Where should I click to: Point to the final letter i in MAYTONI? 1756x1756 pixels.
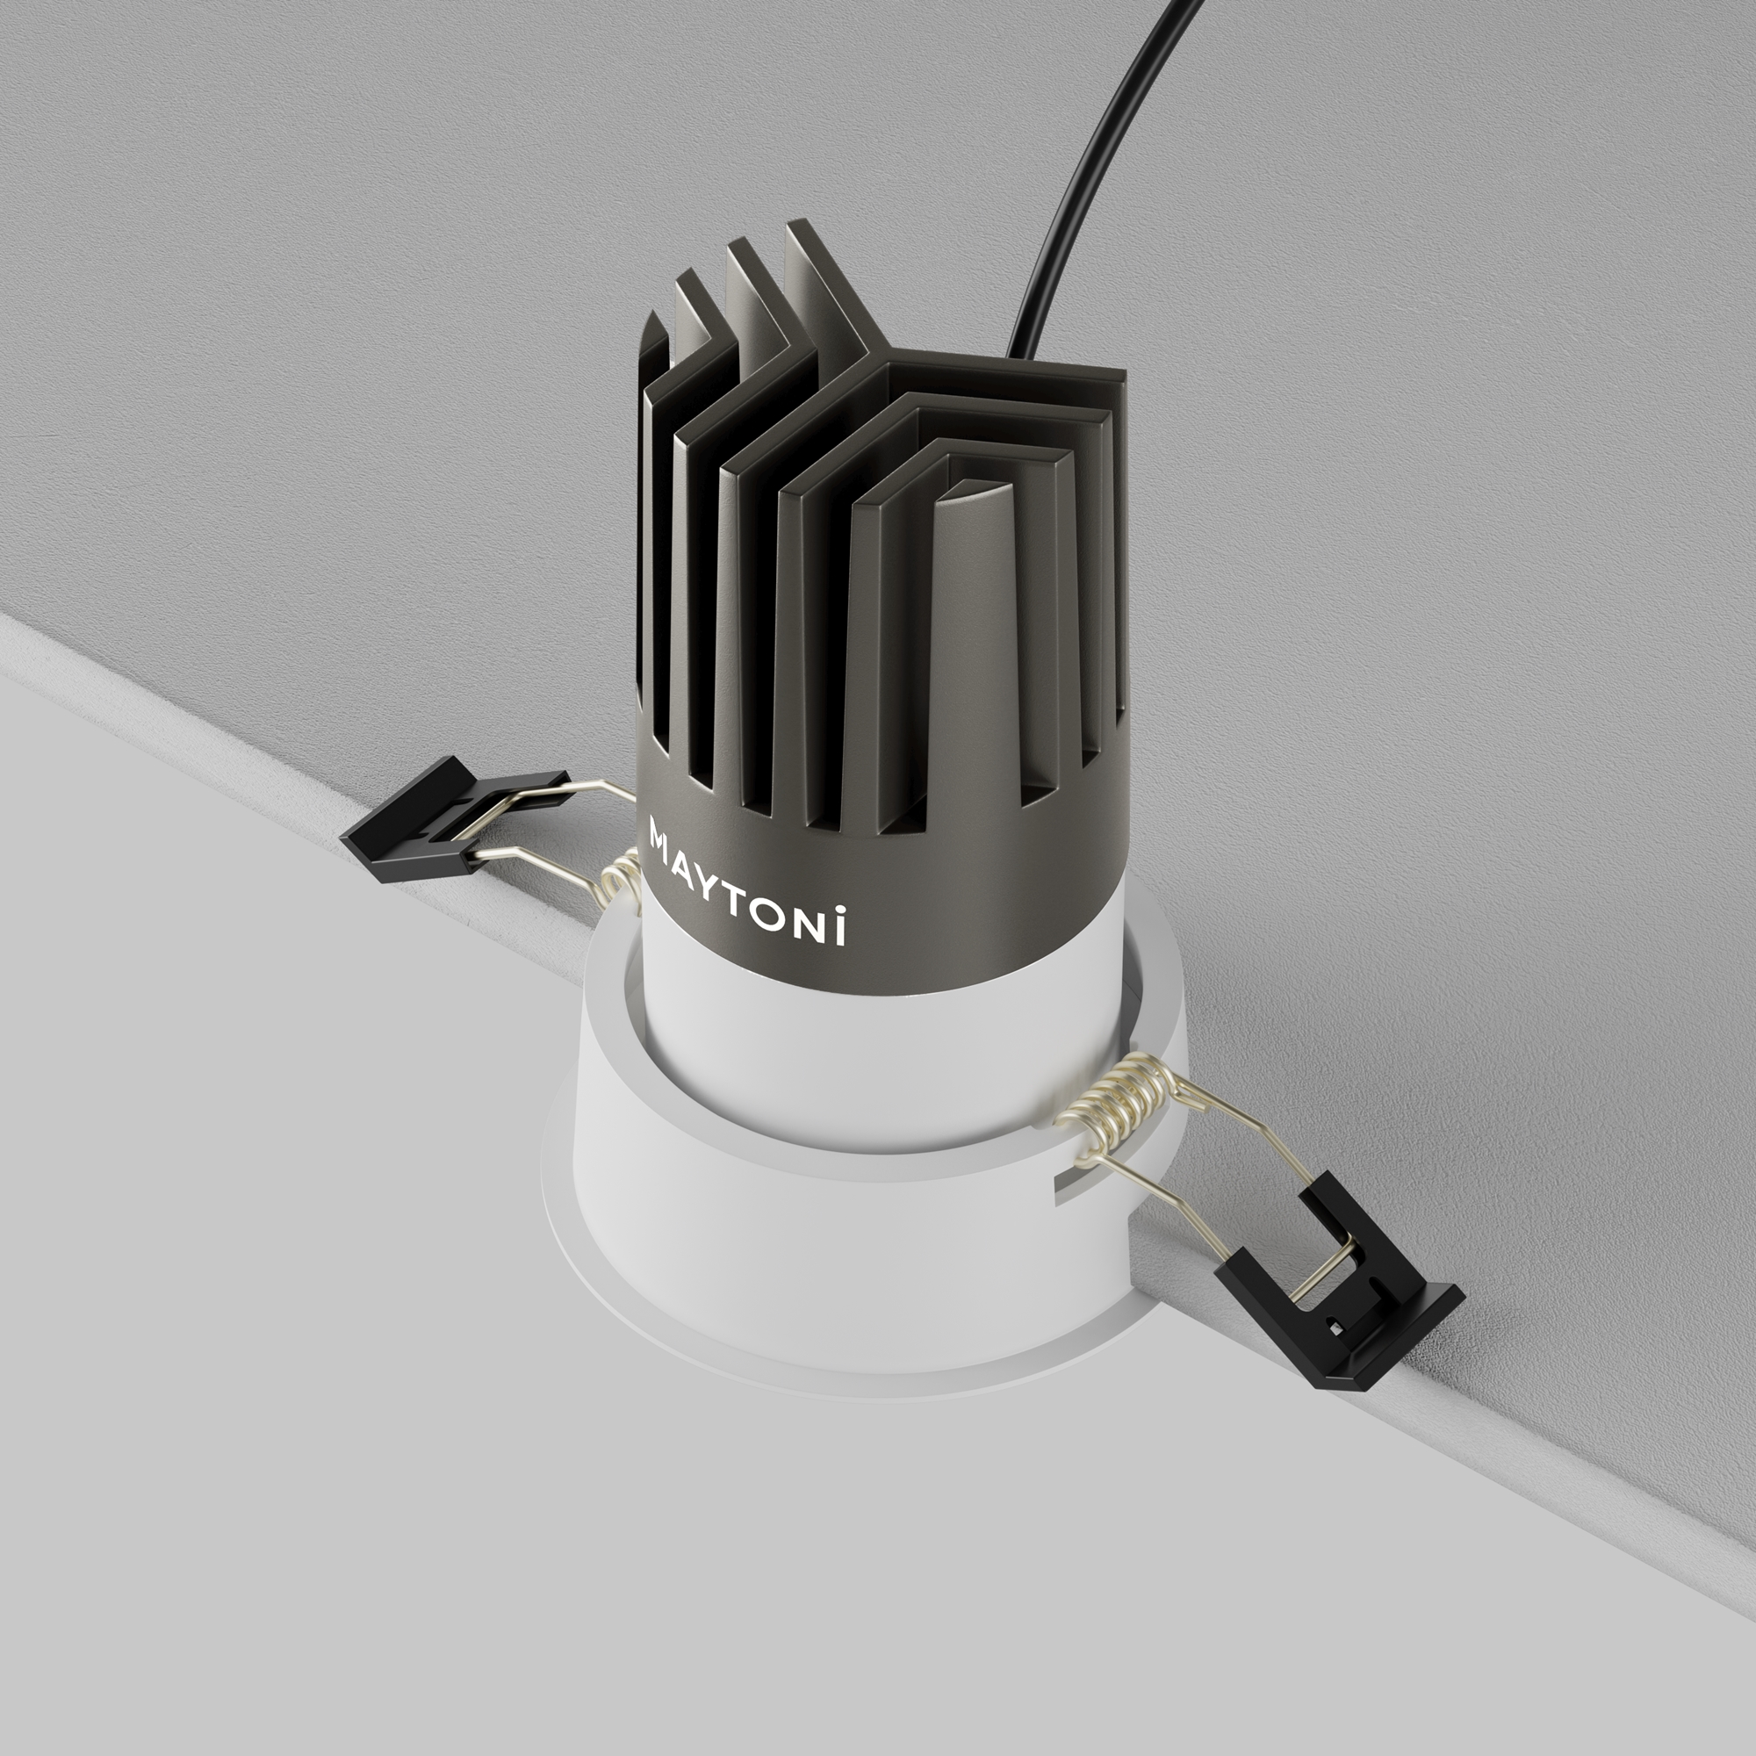[x=840, y=925]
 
